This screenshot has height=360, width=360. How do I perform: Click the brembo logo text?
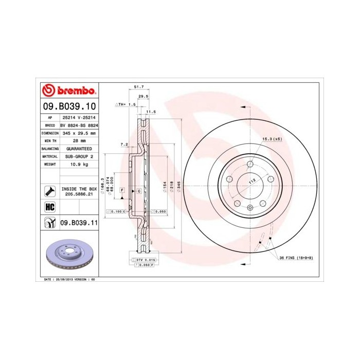(x=74, y=92)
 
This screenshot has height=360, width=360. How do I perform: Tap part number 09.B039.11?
(x=78, y=222)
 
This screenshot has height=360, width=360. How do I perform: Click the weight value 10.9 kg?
(x=79, y=164)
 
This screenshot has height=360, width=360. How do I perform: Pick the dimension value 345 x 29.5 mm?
(x=80, y=133)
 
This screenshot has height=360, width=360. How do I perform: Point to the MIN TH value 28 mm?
(x=79, y=140)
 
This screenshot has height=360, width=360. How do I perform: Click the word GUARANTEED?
(x=79, y=148)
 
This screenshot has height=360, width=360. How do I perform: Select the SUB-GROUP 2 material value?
(x=79, y=156)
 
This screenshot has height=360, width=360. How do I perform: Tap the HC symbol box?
(x=50, y=206)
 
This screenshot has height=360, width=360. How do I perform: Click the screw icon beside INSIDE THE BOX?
(x=50, y=191)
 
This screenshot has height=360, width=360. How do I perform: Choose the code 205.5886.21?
(x=79, y=195)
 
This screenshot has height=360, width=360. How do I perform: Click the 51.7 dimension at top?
(x=138, y=87)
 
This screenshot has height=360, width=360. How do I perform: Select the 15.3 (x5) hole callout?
(x=272, y=139)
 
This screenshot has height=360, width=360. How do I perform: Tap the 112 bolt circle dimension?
(x=252, y=182)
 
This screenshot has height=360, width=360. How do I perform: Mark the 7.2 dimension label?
(x=124, y=145)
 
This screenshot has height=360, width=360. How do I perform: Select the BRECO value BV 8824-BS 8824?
(x=79, y=125)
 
